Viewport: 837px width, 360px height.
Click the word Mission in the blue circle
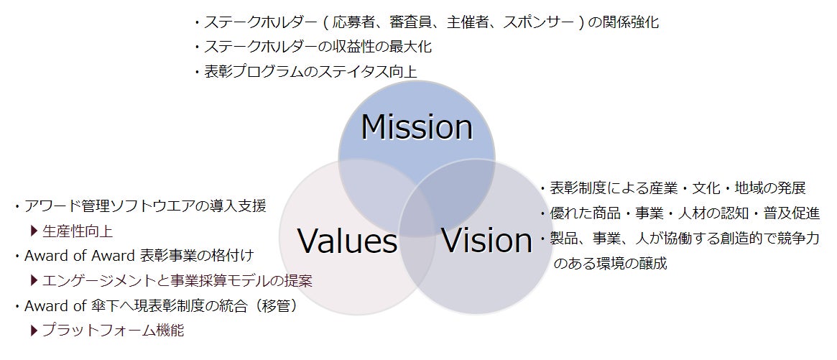click(x=417, y=126)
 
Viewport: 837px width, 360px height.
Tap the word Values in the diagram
click(x=347, y=241)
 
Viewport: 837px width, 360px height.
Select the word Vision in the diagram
click(x=486, y=241)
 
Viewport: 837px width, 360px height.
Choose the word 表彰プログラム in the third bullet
click(x=251, y=71)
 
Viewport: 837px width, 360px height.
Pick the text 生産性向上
click(x=78, y=231)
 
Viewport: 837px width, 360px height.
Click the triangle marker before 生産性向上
click(x=34, y=231)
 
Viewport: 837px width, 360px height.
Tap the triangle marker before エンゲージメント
click(x=34, y=281)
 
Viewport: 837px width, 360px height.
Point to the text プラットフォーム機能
click(x=113, y=331)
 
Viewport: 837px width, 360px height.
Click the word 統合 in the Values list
click(x=231, y=306)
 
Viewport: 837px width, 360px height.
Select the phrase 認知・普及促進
click(x=769, y=213)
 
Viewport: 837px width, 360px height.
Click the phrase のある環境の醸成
click(x=610, y=264)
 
